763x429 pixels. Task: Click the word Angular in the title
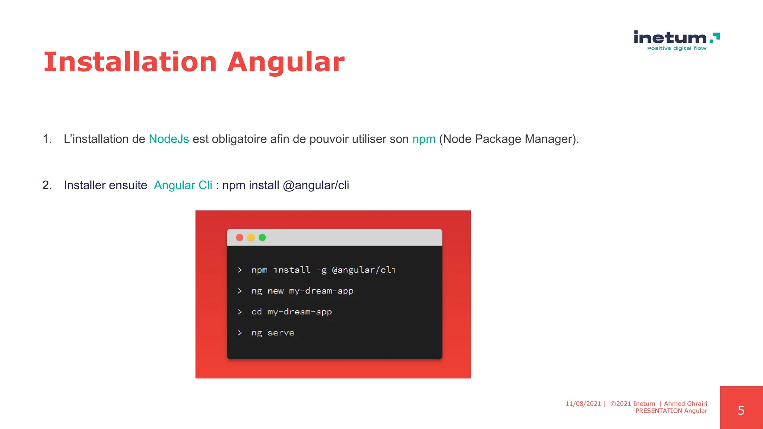[x=286, y=62]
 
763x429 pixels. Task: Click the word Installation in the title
[x=130, y=62]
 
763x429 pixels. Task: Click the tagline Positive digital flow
[x=677, y=48]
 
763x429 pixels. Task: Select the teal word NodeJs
[x=169, y=139]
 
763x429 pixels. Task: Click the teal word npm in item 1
[x=424, y=139]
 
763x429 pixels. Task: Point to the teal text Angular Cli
[x=183, y=185]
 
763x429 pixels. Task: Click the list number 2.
[x=47, y=185]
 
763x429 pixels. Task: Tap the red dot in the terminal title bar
[x=240, y=238]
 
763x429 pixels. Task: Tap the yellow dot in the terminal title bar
[x=251, y=238]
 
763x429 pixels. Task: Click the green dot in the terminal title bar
[x=262, y=238]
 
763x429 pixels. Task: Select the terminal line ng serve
[x=273, y=333]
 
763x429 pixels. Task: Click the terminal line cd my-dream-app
[x=291, y=312]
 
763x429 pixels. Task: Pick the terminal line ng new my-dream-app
[x=302, y=291]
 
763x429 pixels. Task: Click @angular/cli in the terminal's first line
[x=364, y=270]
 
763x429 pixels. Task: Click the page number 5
[x=741, y=410]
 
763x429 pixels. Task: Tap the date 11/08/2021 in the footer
[x=583, y=404]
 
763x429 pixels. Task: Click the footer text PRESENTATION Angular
[x=671, y=411]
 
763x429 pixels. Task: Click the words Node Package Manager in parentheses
[x=507, y=139]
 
